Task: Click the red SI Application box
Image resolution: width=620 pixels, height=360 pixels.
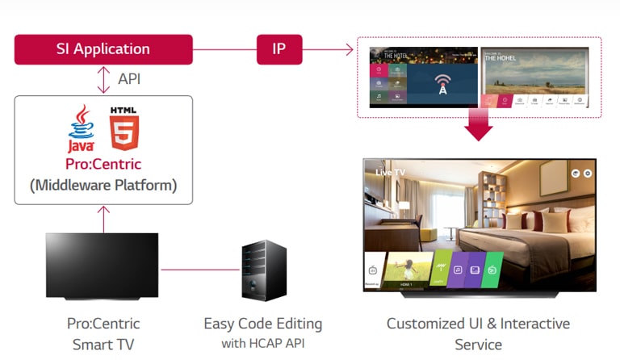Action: click(x=103, y=49)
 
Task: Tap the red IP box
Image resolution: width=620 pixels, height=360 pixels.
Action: click(x=279, y=49)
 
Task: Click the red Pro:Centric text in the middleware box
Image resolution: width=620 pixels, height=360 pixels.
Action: click(x=103, y=165)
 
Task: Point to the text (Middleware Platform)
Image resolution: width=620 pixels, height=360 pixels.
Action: click(x=103, y=185)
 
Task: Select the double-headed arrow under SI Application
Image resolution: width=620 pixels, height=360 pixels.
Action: click(x=103, y=80)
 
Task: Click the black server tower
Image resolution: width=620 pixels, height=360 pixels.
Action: click(x=264, y=270)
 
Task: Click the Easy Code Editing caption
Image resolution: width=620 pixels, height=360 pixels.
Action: click(x=262, y=324)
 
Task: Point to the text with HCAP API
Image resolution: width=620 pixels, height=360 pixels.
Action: click(x=262, y=343)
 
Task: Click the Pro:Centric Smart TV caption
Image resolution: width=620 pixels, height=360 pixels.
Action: click(x=103, y=333)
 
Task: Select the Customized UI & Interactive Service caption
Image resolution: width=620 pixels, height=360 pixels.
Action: click(x=478, y=333)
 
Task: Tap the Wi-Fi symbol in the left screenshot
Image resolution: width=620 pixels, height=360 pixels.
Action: click(x=442, y=83)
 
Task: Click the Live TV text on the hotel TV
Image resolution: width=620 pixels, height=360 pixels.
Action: click(x=391, y=173)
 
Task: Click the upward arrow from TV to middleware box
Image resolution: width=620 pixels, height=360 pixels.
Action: click(x=103, y=218)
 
